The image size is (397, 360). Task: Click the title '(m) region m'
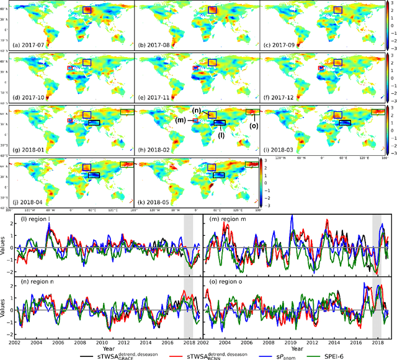click(x=230, y=221)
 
